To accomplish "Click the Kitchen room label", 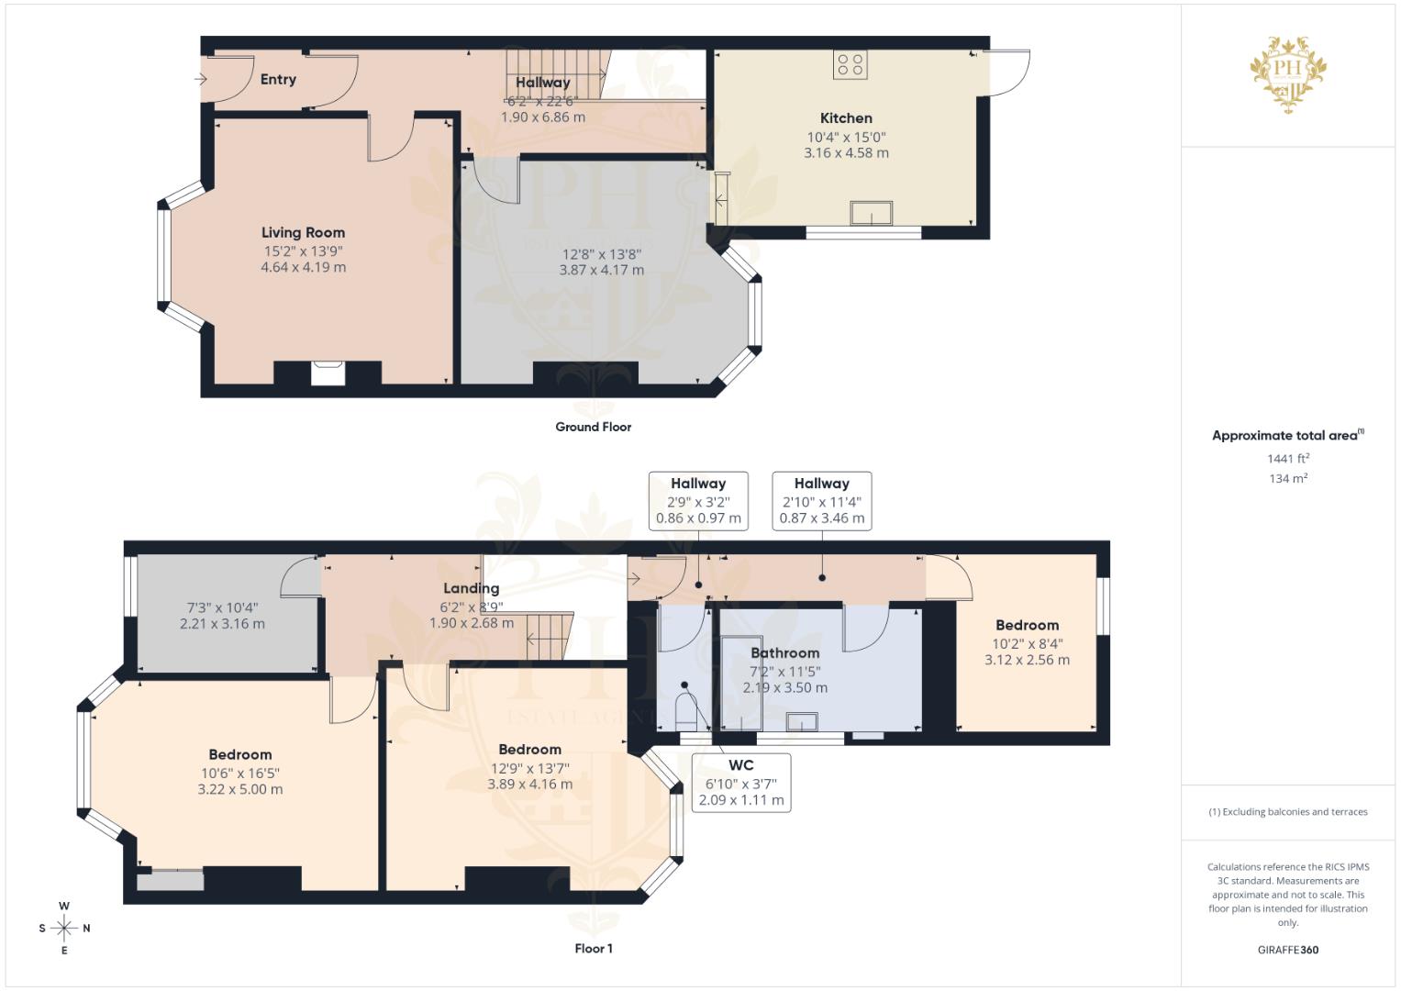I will pyautogui.click(x=845, y=118).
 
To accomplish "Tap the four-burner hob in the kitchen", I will pyautogui.click(x=850, y=64).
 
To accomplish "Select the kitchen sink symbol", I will pyautogui.click(x=871, y=213).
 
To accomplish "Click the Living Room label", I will pyautogui.click(x=303, y=233).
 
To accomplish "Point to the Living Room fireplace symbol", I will pyautogui.click(x=328, y=373).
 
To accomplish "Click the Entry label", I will pyautogui.click(x=278, y=80).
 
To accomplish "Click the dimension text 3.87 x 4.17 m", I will pyautogui.click(x=601, y=271).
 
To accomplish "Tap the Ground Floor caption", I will pyautogui.click(x=593, y=427).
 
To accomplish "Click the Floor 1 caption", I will pyautogui.click(x=593, y=949).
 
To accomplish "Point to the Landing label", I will pyautogui.click(x=471, y=589).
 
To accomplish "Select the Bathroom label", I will pyautogui.click(x=784, y=653).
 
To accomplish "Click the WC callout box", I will pyautogui.click(x=740, y=783).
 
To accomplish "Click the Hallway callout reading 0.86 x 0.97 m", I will pyautogui.click(x=697, y=501).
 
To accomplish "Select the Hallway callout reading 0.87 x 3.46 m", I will pyautogui.click(x=821, y=501).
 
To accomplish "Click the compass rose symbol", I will pyautogui.click(x=64, y=928).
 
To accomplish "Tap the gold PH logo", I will pyautogui.click(x=1288, y=73).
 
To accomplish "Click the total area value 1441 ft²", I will pyautogui.click(x=1288, y=459).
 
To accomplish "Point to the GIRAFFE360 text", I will pyautogui.click(x=1288, y=950).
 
